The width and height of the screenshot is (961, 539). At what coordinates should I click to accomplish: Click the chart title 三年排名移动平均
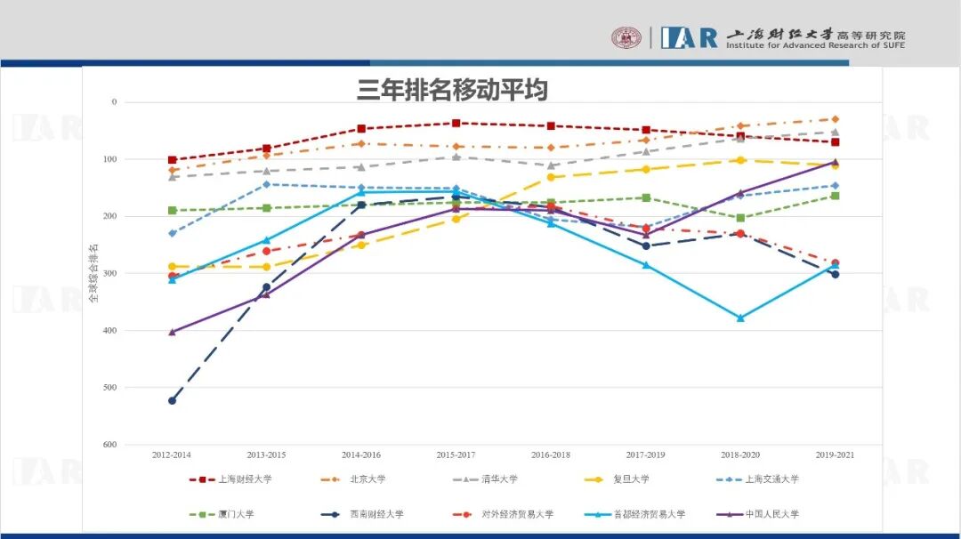click(452, 90)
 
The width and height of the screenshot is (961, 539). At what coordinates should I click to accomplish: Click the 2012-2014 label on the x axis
click(172, 455)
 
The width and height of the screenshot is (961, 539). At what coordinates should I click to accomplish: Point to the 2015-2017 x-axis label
click(456, 455)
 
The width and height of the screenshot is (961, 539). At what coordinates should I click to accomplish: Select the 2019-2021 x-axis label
click(835, 455)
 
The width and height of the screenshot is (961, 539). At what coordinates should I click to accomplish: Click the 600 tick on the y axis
click(109, 445)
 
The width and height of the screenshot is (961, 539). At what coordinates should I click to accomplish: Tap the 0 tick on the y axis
click(113, 102)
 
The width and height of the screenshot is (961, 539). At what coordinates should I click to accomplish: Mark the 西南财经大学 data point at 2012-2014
click(172, 400)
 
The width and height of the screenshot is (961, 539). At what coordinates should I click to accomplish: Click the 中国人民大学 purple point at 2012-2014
click(172, 332)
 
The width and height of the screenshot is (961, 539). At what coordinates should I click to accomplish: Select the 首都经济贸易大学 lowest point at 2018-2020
click(740, 318)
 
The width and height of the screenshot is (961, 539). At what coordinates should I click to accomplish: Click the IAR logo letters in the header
click(689, 37)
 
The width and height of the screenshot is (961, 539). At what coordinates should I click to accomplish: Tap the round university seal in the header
click(626, 37)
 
